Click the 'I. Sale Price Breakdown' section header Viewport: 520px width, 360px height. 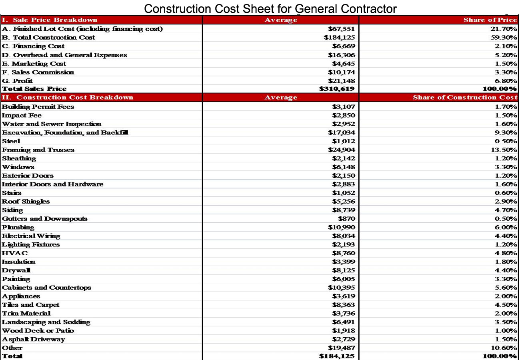tap(50, 20)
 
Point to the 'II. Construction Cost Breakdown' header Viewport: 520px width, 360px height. tap(68, 98)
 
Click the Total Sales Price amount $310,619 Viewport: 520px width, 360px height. tap(337, 89)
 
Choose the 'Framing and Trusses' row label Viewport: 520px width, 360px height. tap(38, 150)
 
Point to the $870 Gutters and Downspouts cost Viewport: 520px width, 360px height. tap(346, 219)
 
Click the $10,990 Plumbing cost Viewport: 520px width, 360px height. tap(341, 227)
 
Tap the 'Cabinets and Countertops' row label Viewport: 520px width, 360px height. tap(46, 288)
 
